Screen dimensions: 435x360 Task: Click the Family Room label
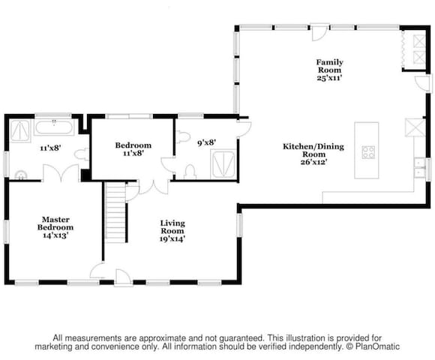(329, 70)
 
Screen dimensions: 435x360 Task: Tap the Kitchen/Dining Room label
(313, 154)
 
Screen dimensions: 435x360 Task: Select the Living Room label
(172, 231)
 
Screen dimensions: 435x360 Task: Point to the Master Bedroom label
(55, 227)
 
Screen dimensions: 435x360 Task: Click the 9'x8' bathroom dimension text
(207, 142)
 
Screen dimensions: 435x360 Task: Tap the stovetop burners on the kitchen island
(368, 152)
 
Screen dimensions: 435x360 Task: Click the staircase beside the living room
(116, 212)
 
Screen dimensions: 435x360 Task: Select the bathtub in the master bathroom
(54, 127)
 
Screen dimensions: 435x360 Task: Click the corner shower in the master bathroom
(20, 131)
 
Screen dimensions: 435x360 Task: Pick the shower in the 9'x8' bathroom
(223, 164)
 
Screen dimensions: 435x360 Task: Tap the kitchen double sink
(419, 167)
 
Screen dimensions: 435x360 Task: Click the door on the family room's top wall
(319, 32)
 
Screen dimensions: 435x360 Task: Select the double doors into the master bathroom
(61, 172)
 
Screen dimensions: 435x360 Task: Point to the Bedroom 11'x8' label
(133, 149)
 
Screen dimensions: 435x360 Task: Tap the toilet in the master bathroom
(82, 154)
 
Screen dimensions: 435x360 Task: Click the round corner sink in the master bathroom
(21, 175)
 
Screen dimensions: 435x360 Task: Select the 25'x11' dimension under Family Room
(329, 78)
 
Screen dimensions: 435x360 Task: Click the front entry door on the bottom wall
(123, 277)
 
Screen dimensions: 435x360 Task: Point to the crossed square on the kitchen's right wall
(415, 127)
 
